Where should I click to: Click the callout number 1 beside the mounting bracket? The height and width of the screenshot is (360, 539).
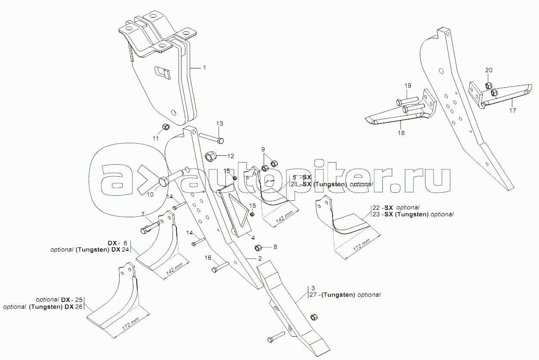(204, 68)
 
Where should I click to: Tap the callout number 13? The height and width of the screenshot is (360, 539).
(219, 124)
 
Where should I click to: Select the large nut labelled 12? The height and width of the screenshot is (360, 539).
(211, 157)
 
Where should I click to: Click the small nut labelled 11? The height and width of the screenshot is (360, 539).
(166, 126)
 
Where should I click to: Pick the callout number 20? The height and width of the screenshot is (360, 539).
(489, 70)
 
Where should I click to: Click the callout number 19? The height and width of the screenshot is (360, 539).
(408, 86)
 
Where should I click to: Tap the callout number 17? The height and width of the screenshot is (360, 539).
(512, 111)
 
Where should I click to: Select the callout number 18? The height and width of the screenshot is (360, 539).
(401, 133)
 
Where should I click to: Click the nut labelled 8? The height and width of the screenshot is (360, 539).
(258, 247)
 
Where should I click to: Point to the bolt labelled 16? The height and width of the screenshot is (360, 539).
(220, 267)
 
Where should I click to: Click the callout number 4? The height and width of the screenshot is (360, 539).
(253, 238)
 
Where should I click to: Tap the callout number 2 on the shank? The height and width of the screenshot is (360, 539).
(260, 258)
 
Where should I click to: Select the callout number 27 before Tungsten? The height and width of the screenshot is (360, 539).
(313, 295)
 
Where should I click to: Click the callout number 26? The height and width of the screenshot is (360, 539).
(79, 307)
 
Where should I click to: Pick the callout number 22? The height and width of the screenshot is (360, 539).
(376, 207)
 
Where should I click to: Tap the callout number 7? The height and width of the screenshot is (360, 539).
(143, 214)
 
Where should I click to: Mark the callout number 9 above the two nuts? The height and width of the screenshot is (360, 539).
(263, 149)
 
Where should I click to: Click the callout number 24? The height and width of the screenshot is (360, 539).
(125, 249)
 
